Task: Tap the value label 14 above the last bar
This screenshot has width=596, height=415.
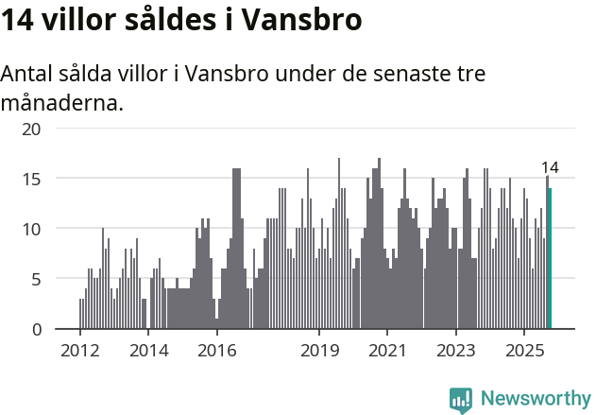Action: click(550, 167)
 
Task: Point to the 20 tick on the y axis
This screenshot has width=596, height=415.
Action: click(32, 128)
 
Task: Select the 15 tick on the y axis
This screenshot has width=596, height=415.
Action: click(32, 178)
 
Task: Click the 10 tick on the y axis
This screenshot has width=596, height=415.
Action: click(32, 229)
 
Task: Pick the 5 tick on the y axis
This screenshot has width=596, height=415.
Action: click(36, 279)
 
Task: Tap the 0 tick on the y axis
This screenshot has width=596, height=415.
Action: click(36, 329)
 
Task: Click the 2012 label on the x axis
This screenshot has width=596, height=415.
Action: click(79, 349)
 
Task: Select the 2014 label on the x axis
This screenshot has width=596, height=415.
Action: click(148, 349)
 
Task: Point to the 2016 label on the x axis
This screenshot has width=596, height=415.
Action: click(216, 349)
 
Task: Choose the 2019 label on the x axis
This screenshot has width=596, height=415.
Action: click(319, 349)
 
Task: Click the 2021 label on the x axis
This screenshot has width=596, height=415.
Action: click(387, 349)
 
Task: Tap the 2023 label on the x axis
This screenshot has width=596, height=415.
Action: click(456, 349)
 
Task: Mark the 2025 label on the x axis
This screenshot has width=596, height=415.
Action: click(524, 349)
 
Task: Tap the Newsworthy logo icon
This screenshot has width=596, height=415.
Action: click(461, 400)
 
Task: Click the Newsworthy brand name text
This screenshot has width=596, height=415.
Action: click(536, 399)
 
